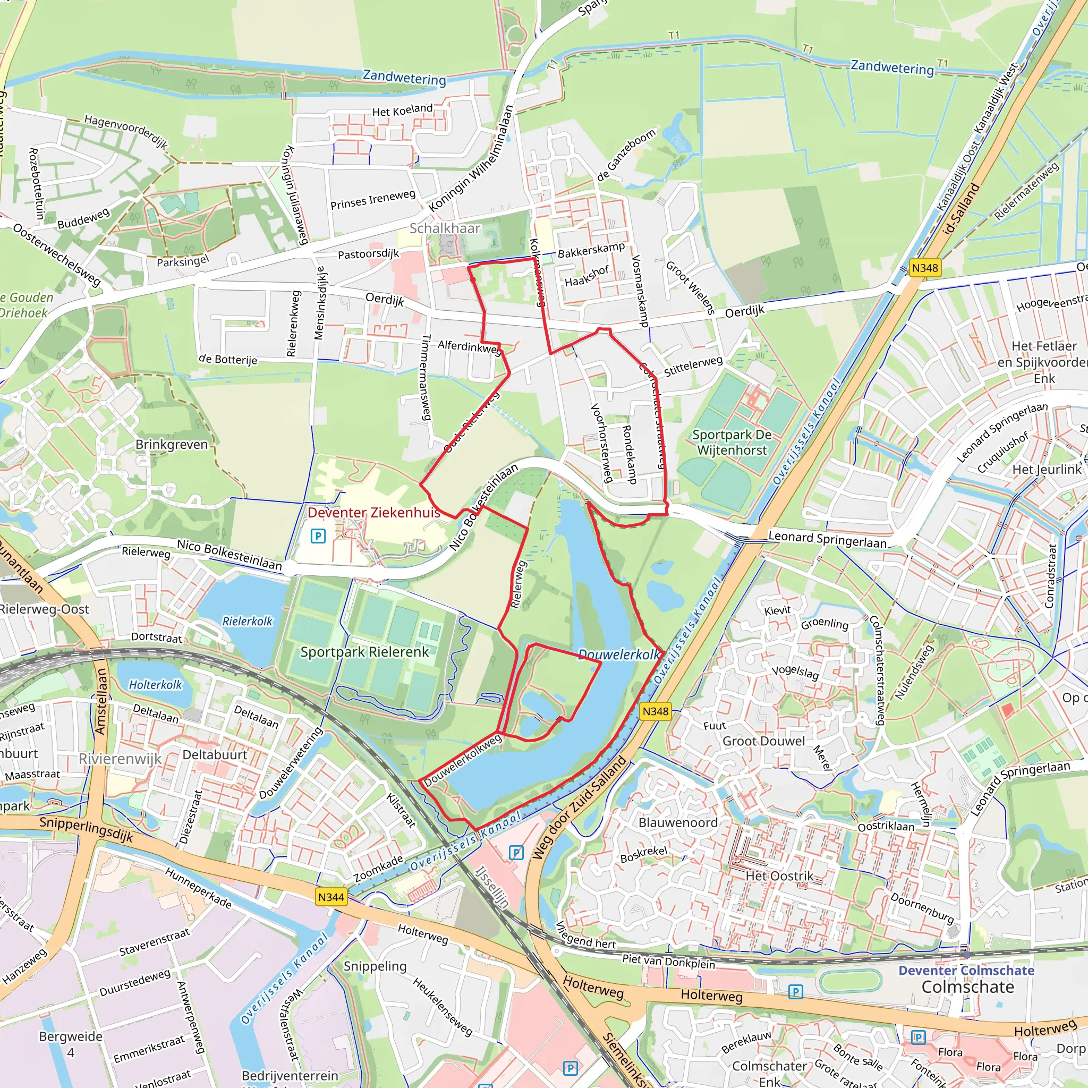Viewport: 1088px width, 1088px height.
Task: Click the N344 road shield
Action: [x=330, y=897]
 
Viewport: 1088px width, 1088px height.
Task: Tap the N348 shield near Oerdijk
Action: [x=925, y=268]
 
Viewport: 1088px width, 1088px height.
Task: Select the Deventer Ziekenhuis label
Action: [x=374, y=513]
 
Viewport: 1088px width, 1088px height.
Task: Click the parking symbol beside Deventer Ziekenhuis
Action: [x=318, y=535]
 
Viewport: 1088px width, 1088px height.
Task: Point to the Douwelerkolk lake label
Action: [x=619, y=655]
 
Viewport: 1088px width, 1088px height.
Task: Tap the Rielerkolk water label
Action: [x=247, y=621]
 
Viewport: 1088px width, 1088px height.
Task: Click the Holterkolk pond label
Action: [x=156, y=685]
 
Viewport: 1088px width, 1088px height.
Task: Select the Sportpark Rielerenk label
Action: [x=364, y=652]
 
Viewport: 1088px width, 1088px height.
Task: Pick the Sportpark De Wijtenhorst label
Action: [x=732, y=442]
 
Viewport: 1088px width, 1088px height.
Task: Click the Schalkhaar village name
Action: [x=444, y=228]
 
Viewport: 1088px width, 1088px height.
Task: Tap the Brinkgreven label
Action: [x=171, y=444]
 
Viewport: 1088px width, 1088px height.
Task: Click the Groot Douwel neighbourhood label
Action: [x=763, y=741]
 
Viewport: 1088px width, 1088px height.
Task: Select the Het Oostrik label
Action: [x=779, y=875]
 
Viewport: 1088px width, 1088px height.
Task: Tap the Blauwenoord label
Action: [x=677, y=822]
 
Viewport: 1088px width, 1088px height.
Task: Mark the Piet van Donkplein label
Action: [x=668, y=960]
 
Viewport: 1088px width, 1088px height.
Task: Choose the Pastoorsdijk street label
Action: [x=368, y=254]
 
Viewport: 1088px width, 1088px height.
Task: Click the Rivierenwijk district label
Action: [x=120, y=759]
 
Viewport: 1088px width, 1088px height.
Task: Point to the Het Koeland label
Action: [x=402, y=110]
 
